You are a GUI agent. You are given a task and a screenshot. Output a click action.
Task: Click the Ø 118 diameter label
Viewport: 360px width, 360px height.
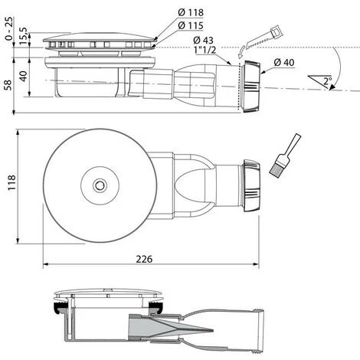point(191,12)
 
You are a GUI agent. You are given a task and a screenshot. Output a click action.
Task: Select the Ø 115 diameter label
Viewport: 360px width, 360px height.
point(191,25)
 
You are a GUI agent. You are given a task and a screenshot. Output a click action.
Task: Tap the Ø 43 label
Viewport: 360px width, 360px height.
point(203,40)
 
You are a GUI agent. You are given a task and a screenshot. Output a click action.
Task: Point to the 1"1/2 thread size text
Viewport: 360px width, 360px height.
point(205,50)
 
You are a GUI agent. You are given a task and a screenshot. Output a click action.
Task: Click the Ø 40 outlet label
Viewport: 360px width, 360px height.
point(284,62)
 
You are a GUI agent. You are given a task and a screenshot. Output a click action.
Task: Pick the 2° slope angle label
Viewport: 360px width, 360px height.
point(328,81)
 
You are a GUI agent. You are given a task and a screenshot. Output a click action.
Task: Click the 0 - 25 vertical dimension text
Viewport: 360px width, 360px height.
point(8,28)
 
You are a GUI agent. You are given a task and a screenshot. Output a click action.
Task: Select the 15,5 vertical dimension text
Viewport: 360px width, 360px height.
point(24,36)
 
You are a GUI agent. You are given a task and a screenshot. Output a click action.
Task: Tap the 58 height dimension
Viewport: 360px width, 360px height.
point(8,85)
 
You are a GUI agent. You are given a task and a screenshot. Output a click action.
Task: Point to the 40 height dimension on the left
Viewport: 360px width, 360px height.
point(23,76)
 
